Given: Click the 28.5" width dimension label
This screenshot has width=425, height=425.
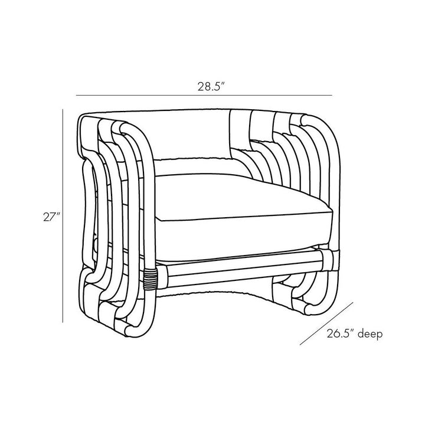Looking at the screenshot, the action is coord(211,86).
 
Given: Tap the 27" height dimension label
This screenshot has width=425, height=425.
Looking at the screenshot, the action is coord(51,217).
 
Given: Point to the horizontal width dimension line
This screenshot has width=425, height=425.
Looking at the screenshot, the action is coord(204,96).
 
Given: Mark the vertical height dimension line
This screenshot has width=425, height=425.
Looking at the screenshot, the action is coord(63,216).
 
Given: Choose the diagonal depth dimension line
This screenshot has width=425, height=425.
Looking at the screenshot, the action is coord(326,323).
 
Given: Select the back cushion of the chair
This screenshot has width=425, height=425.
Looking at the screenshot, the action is coord(189,136).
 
